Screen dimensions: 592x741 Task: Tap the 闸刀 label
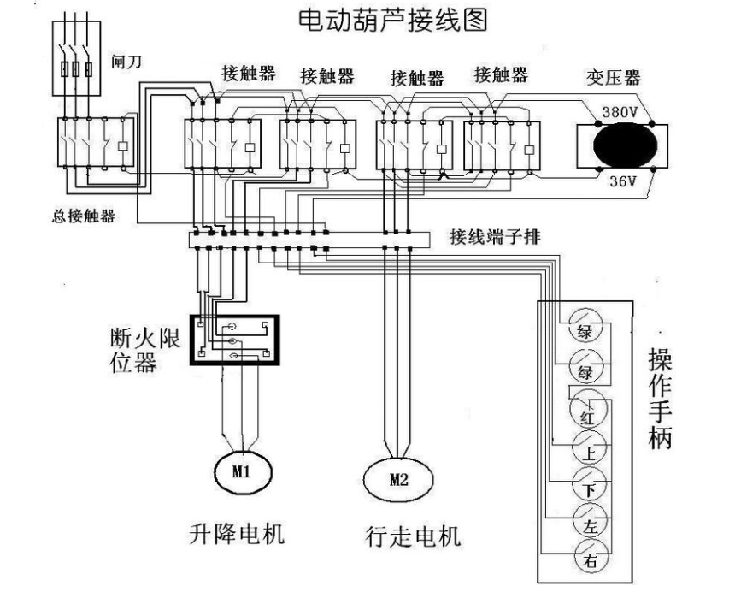tap(125, 63)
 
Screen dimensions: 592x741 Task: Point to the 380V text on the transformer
tap(620, 112)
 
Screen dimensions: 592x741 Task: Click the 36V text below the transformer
tap(621, 181)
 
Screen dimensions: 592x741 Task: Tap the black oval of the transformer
tap(621, 145)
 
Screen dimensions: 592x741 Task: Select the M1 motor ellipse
tap(241, 470)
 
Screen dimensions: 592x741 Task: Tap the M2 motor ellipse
tap(398, 480)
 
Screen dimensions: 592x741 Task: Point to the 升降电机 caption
tap(237, 535)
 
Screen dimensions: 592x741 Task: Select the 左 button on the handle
tap(588, 525)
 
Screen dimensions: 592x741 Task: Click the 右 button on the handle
tap(588, 560)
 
